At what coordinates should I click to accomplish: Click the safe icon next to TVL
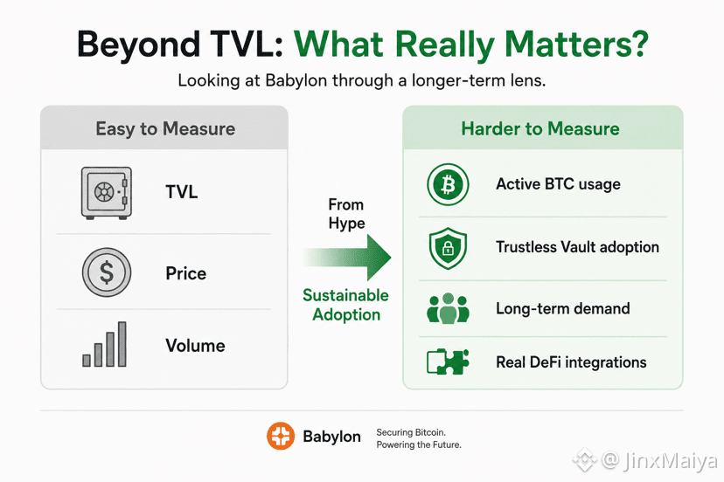[106, 193]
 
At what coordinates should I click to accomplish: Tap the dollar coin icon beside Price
[107, 272]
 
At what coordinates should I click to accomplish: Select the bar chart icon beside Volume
[104, 344]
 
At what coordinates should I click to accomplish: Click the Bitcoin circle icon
[448, 184]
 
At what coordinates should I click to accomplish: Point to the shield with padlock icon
[448, 248]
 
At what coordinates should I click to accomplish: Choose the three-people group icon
[448, 308]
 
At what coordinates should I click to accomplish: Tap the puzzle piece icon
[448, 361]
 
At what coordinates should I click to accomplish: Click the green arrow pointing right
[347, 258]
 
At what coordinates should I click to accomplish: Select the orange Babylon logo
[281, 436]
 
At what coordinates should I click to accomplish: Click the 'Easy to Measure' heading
[165, 128]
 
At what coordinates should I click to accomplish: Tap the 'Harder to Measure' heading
[540, 128]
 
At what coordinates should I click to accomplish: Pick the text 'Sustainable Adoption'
[346, 305]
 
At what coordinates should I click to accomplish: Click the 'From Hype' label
[346, 214]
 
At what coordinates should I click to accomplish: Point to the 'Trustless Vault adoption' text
[577, 247]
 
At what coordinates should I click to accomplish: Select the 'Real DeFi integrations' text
[571, 362]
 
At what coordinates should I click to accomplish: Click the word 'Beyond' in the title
[138, 45]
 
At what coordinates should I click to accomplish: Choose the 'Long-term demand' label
[563, 308]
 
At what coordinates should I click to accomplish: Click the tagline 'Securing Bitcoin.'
[411, 432]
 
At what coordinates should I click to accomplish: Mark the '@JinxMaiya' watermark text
[659, 461]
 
